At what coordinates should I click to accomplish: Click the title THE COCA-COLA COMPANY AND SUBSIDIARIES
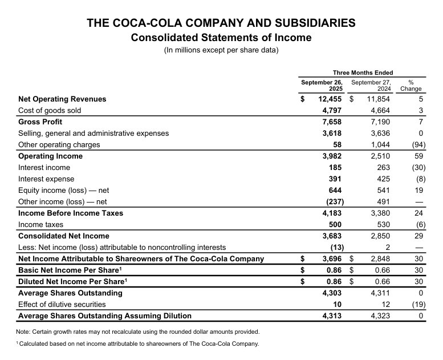click(221, 23)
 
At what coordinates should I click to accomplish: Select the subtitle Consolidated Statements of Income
click(221, 38)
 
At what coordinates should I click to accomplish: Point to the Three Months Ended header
click(363, 72)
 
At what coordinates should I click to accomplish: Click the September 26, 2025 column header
click(322, 86)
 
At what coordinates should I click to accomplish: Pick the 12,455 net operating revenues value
click(329, 99)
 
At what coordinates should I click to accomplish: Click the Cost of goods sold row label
click(50, 110)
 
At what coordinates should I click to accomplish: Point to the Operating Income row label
click(50, 156)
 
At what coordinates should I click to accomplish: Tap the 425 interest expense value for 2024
click(381, 179)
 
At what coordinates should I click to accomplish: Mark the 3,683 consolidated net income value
click(331, 236)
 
